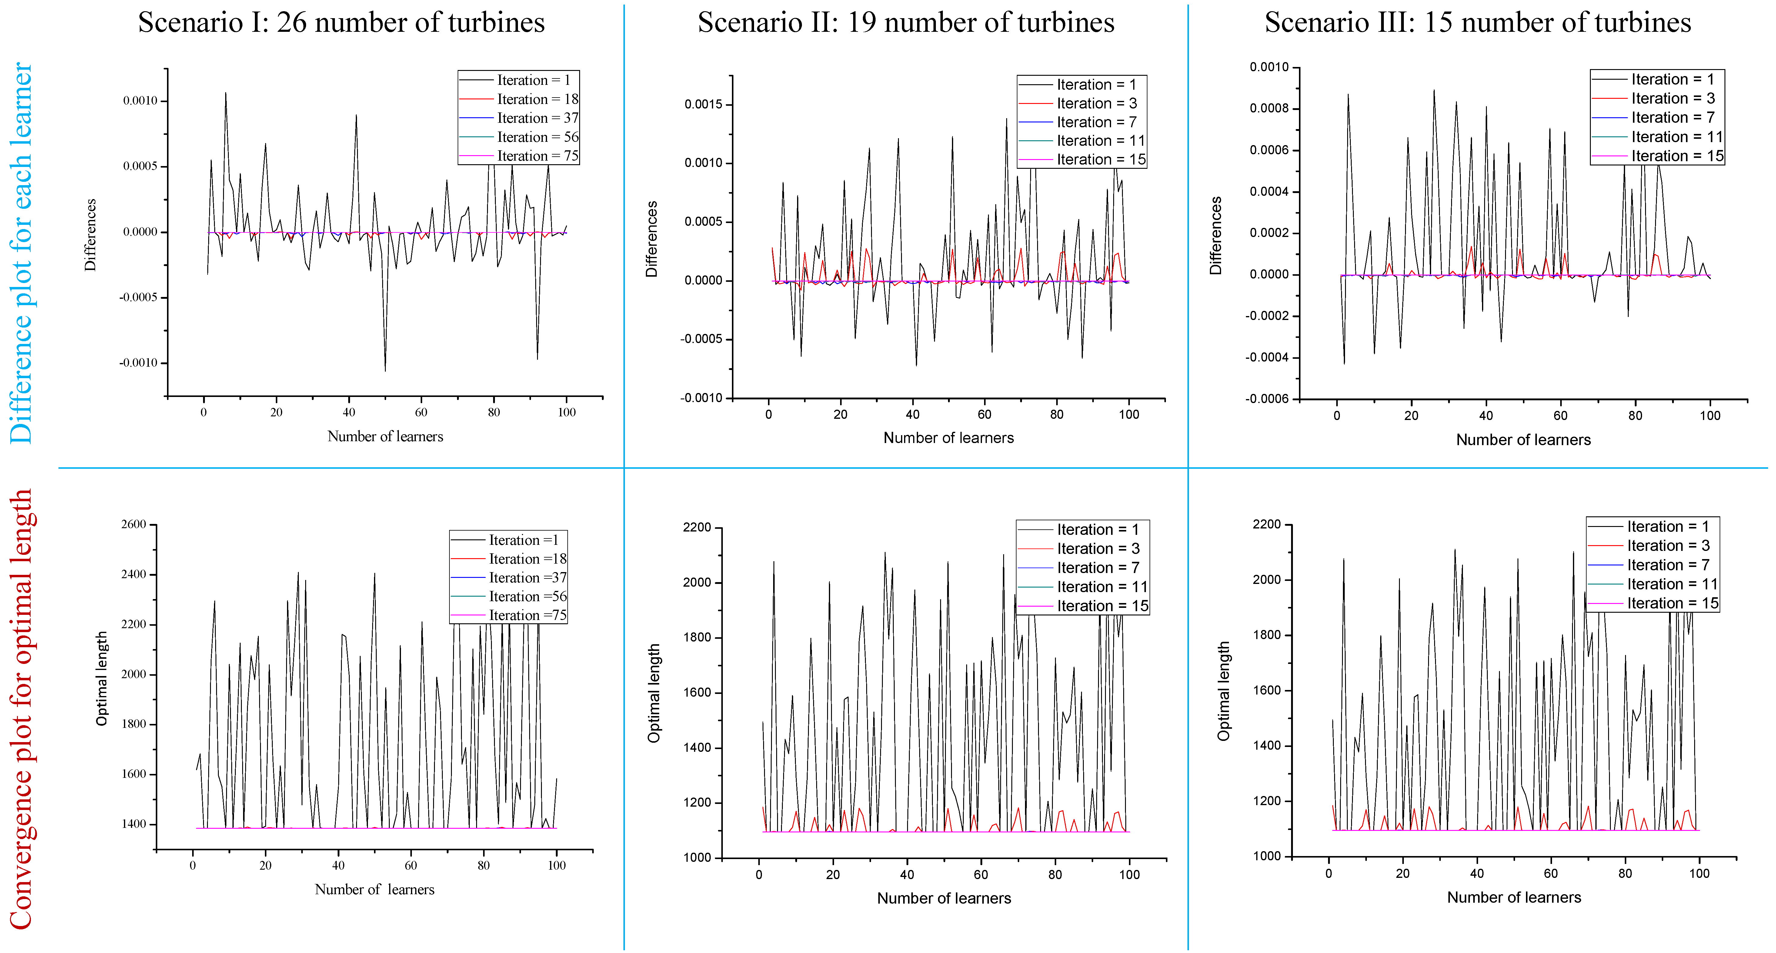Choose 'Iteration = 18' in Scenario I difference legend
(538, 99)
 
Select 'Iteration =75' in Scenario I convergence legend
(527, 615)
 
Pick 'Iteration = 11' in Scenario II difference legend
(1100, 141)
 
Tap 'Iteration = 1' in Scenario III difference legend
(1672, 79)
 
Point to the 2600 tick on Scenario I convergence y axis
(134, 525)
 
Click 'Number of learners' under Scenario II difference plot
(948, 438)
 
